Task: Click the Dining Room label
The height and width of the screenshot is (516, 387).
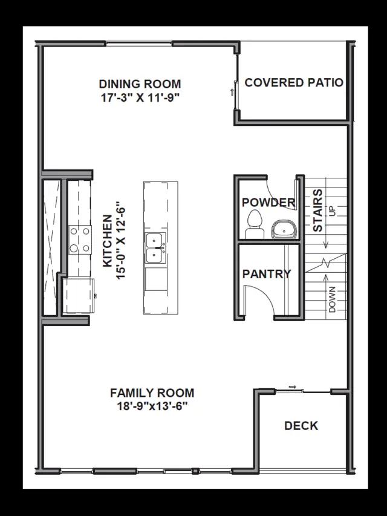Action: tap(140, 84)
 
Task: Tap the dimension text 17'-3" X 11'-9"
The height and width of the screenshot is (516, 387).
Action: tap(140, 98)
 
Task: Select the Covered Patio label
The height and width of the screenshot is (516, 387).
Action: tap(294, 83)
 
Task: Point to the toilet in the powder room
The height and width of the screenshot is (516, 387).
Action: tap(255, 224)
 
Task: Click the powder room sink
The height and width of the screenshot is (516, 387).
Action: tap(285, 229)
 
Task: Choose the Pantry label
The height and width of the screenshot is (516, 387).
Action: tap(267, 274)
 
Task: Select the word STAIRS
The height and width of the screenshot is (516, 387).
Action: tap(317, 210)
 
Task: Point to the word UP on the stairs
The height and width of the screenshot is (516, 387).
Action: tap(332, 211)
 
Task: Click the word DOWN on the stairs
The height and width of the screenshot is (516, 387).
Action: tap(332, 299)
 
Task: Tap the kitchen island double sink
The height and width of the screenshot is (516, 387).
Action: tap(155, 248)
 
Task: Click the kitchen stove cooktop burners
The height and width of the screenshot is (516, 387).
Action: tap(80, 240)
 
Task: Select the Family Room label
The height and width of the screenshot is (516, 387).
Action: tap(152, 393)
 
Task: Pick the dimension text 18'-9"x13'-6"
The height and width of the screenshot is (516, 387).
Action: tap(152, 407)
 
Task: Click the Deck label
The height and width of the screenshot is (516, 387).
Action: tap(301, 426)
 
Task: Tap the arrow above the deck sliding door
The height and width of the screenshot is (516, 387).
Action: tap(292, 387)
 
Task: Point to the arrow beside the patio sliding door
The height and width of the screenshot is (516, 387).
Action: tap(232, 92)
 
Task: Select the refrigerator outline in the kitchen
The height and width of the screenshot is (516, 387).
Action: tap(79, 296)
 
